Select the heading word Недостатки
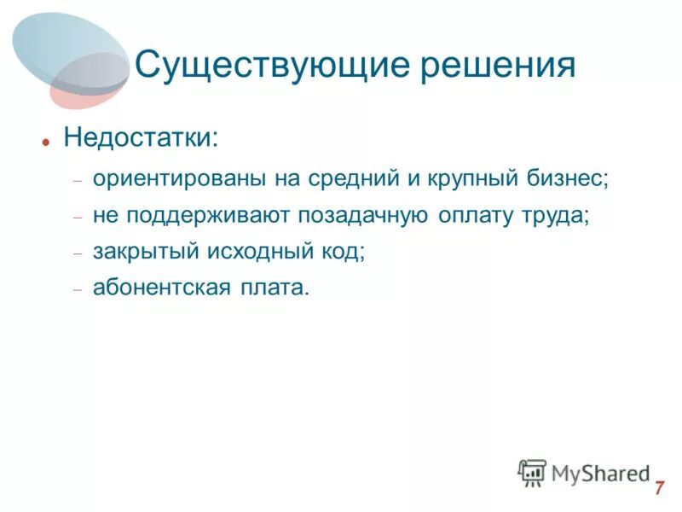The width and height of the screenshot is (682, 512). point(140,137)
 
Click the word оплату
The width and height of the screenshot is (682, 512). point(473,216)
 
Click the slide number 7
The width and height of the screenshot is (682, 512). point(659,489)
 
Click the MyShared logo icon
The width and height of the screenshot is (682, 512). point(532,473)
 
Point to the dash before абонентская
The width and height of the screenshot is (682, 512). point(77,290)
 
